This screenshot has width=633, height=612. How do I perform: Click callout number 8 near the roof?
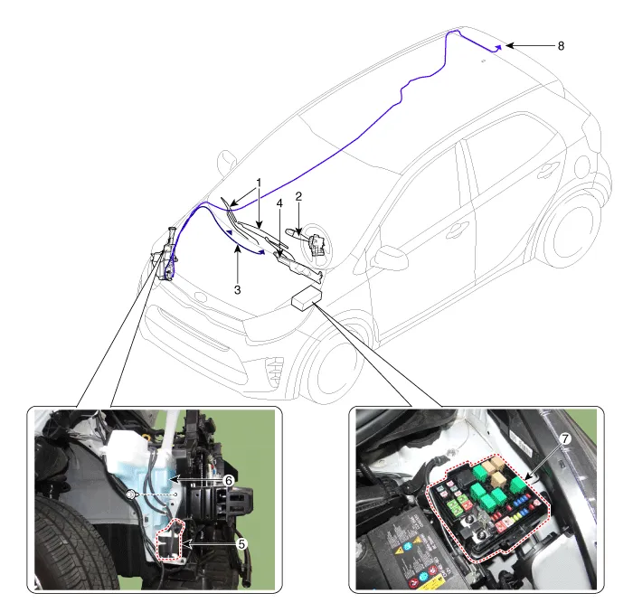[561, 46]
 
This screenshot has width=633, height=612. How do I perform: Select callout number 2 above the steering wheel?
[298, 196]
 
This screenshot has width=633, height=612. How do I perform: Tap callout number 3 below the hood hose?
[237, 290]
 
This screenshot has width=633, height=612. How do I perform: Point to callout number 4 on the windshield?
[279, 203]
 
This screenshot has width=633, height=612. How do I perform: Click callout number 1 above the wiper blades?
[259, 183]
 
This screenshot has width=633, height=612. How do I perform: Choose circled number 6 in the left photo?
[229, 480]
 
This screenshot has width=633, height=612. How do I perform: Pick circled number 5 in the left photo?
[241, 544]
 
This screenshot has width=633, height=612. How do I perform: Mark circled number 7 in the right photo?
[565, 438]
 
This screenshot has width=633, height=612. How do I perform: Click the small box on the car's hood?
[307, 297]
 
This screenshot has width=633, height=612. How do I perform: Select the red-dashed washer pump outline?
[170, 540]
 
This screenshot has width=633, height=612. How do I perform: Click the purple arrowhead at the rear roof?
[498, 48]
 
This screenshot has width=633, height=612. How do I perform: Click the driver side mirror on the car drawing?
[390, 259]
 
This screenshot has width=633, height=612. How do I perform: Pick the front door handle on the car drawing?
[457, 231]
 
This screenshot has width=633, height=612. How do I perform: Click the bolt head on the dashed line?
[130, 494]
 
